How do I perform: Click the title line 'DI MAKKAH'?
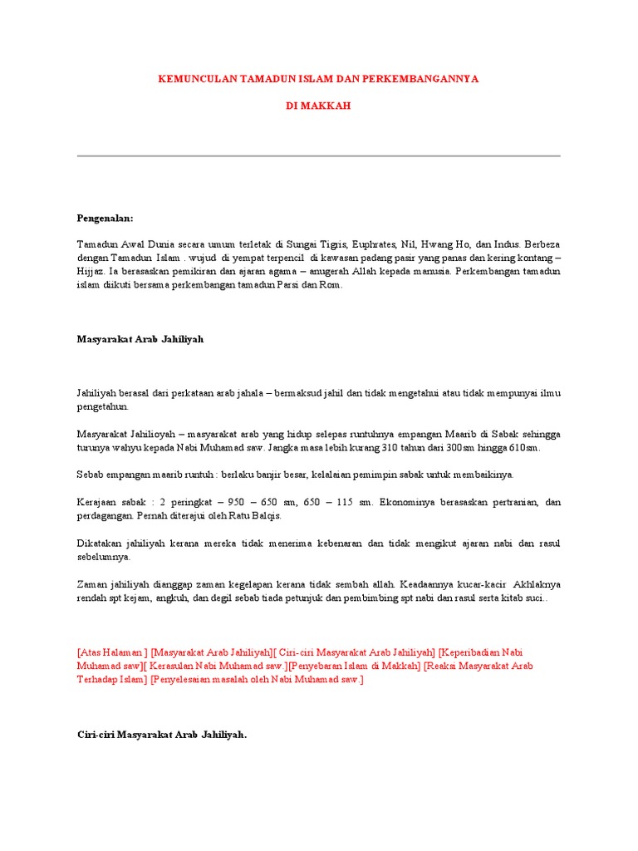(319, 106)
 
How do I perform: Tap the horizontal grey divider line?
(319, 155)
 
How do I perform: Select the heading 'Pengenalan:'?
(105, 218)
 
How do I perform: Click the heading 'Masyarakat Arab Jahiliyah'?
(140, 339)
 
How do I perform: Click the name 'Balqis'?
(266, 515)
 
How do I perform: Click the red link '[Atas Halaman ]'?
(112, 652)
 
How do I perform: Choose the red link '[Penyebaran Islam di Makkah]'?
(354, 666)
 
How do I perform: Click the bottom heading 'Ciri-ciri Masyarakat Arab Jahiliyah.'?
(162, 734)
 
